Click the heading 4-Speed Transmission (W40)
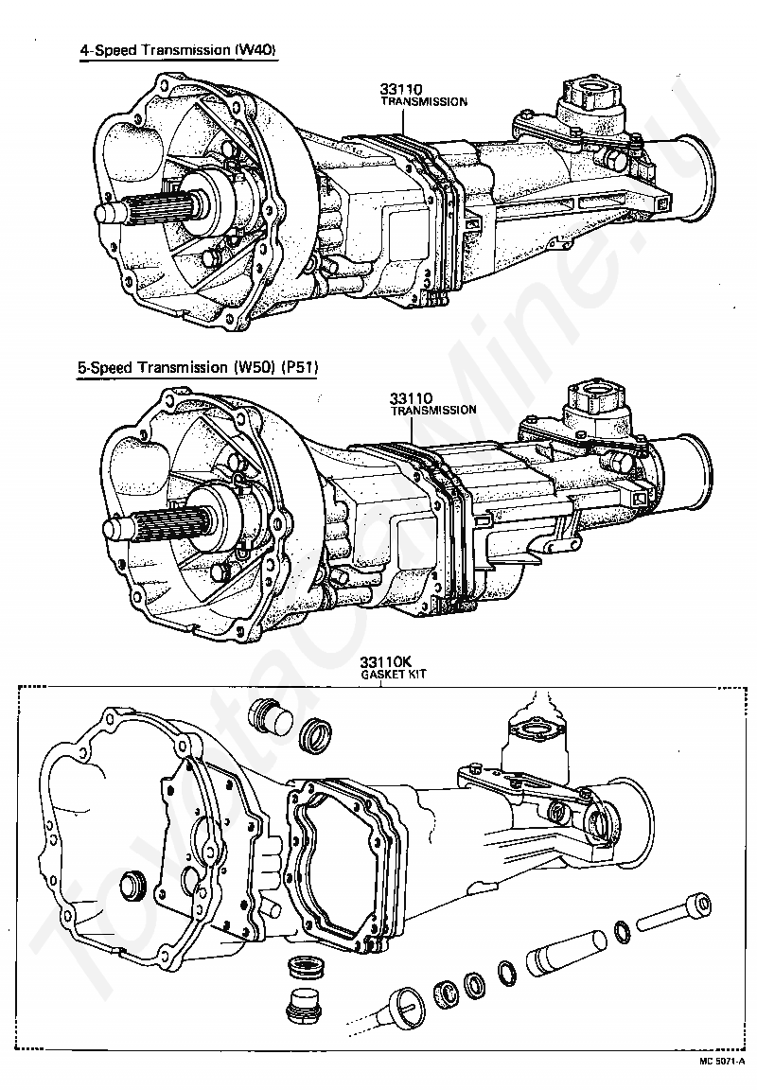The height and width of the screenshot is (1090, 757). pyautogui.click(x=178, y=51)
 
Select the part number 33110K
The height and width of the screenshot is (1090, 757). pyautogui.click(x=380, y=663)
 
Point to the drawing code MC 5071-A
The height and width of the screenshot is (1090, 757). pyautogui.click(x=722, y=1061)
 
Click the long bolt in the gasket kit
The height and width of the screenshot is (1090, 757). pyautogui.click(x=674, y=910)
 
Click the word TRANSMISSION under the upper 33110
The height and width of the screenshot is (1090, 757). pyautogui.click(x=423, y=101)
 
